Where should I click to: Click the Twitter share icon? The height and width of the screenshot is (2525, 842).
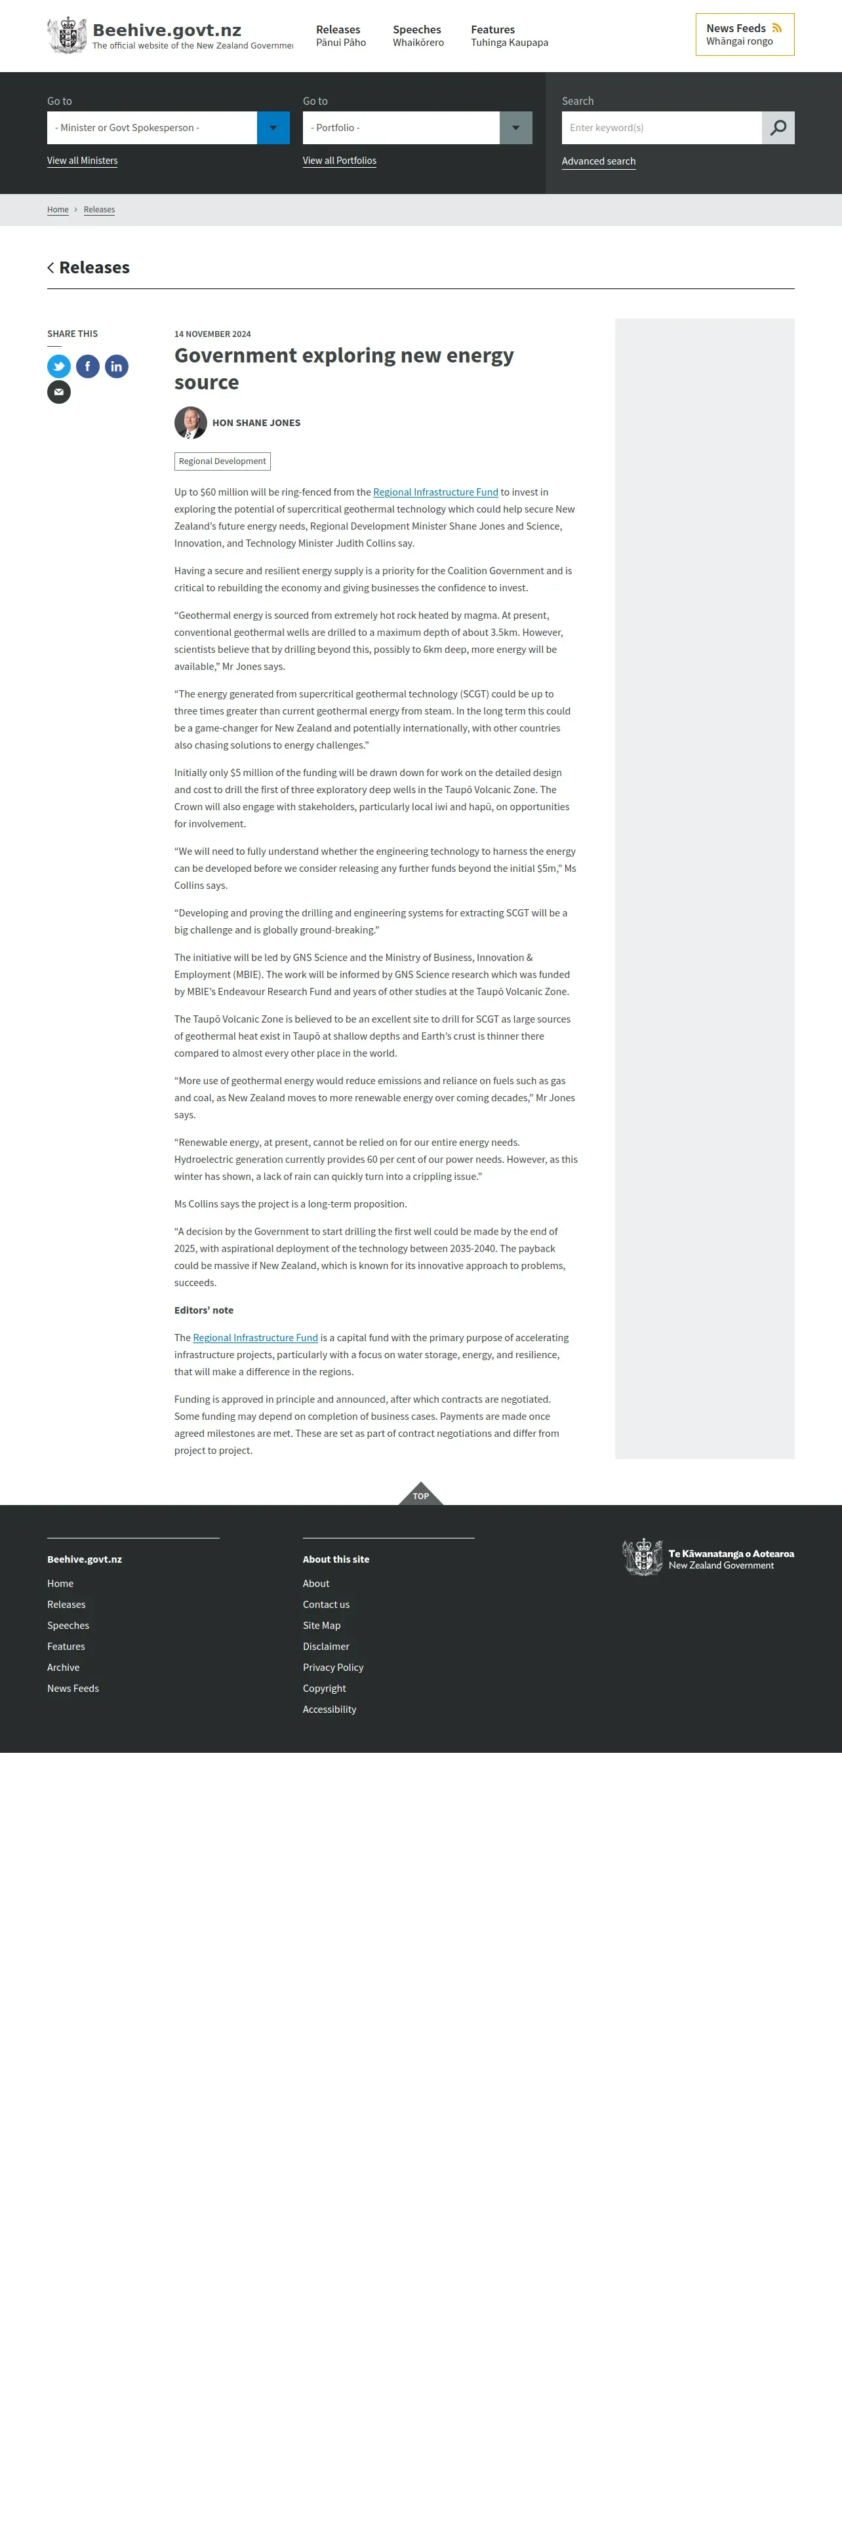click(x=59, y=366)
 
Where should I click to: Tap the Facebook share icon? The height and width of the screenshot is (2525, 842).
click(x=87, y=366)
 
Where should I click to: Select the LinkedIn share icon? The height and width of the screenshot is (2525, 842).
click(x=117, y=366)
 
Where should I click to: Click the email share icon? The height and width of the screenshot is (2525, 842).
click(x=59, y=392)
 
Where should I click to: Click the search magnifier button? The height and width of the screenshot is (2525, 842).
click(x=778, y=127)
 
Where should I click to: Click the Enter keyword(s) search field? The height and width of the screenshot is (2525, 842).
click(x=662, y=127)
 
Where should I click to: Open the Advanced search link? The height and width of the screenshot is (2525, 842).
click(x=598, y=162)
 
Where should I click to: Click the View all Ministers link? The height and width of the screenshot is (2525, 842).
click(x=83, y=161)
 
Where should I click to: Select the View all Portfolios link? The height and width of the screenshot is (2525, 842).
click(x=339, y=161)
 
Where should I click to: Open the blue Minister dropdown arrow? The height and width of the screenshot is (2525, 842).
click(x=273, y=127)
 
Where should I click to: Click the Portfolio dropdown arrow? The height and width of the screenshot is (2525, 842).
click(x=515, y=127)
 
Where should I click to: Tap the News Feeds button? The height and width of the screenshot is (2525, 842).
click(x=744, y=34)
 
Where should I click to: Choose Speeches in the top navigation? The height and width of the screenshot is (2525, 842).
click(x=418, y=35)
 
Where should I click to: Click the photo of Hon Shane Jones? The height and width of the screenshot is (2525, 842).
click(x=190, y=422)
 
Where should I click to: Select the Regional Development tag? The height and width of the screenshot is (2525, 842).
click(x=222, y=461)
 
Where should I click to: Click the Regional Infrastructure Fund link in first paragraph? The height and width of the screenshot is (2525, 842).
click(x=435, y=492)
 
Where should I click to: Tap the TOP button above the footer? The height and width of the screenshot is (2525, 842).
click(x=420, y=1494)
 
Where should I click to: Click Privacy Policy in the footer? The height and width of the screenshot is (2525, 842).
click(x=333, y=1668)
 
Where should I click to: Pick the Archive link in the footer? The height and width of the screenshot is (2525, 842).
click(x=64, y=1668)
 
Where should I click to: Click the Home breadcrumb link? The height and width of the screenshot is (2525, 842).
click(x=58, y=210)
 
